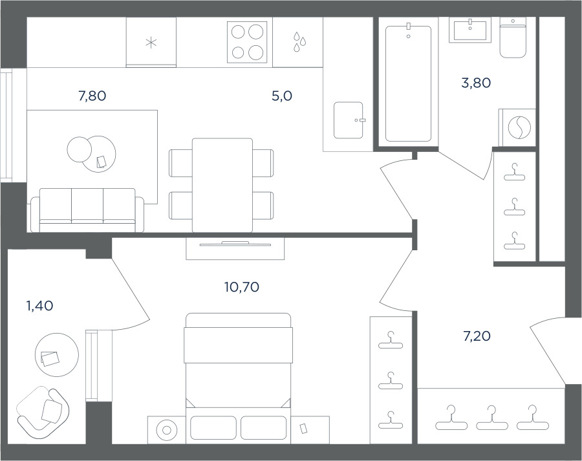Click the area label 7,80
click(x=92, y=96)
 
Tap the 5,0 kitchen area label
click(x=282, y=96)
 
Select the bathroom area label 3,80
click(x=476, y=83)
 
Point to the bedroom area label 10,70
click(x=242, y=287)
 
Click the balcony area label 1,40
click(x=39, y=306)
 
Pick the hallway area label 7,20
click(x=477, y=336)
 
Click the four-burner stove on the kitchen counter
click(x=247, y=42)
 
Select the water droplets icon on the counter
click(x=299, y=41)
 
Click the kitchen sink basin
click(x=348, y=120)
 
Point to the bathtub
click(x=408, y=83)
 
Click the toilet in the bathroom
click(x=513, y=39)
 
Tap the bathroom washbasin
click(x=470, y=31)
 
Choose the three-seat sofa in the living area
click(x=87, y=210)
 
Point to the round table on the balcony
click(x=57, y=355)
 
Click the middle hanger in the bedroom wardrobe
click(x=391, y=381)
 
